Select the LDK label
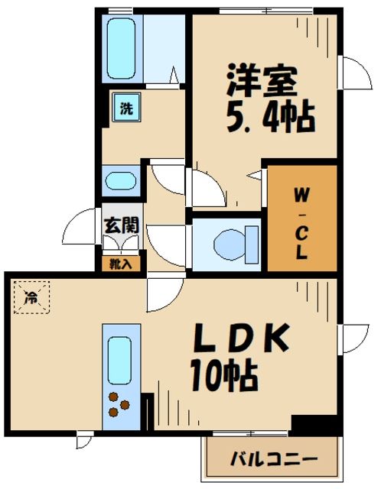(x=237, y=338)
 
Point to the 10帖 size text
(x=223, y=374)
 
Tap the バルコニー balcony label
(x=273, y=461)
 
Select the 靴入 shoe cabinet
(x=121, y=264)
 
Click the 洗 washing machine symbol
(x=125, y=108)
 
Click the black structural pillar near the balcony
(x=315, y=423)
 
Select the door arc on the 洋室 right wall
(x=353, y=76)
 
